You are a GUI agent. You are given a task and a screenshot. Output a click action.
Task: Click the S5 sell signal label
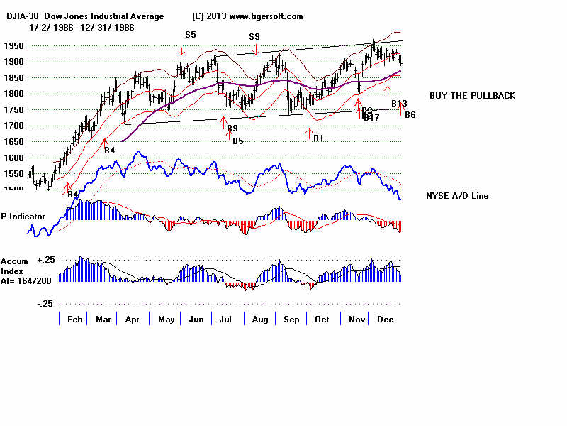click(191, 34)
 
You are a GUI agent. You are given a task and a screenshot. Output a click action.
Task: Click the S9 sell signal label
click(254, 36)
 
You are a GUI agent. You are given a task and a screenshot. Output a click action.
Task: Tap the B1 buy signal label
click(318, 138)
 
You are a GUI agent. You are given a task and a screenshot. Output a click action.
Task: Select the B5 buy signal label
click(238, 141)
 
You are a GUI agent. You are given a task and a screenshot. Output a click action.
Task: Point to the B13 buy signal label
click(399, 104)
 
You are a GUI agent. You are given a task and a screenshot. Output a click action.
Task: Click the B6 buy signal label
click(410, 115)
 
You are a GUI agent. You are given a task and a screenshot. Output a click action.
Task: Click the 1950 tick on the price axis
click(13, 45)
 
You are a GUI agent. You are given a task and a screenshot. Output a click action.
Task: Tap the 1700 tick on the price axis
click(13, 126)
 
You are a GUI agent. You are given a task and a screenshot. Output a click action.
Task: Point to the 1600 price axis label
click(13, 158)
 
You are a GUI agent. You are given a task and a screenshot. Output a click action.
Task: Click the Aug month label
click(260, 319)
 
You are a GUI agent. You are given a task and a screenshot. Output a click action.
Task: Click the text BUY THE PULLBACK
click(472, 95)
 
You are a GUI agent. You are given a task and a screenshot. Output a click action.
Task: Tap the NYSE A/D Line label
click(457, 196)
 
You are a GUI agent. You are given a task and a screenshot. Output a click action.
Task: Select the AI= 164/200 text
click(24, 281)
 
